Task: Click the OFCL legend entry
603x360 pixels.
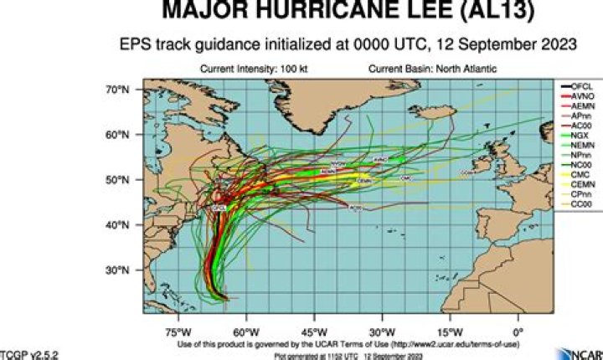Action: (x=575, y=86)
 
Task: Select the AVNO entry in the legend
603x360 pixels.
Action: (x=575, y=98)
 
